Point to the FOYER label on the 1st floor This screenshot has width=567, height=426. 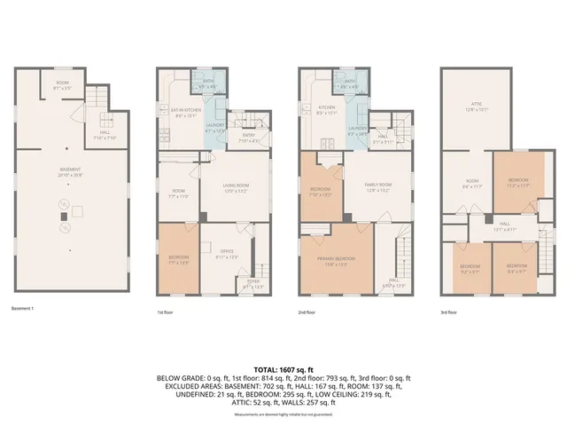(253, 285)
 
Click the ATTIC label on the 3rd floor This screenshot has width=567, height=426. (478, 107)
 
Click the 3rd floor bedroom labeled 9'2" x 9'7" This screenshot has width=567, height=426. (470, 267)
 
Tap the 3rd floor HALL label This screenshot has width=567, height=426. (504, 226)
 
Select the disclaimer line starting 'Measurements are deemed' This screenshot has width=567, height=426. (283, 414)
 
